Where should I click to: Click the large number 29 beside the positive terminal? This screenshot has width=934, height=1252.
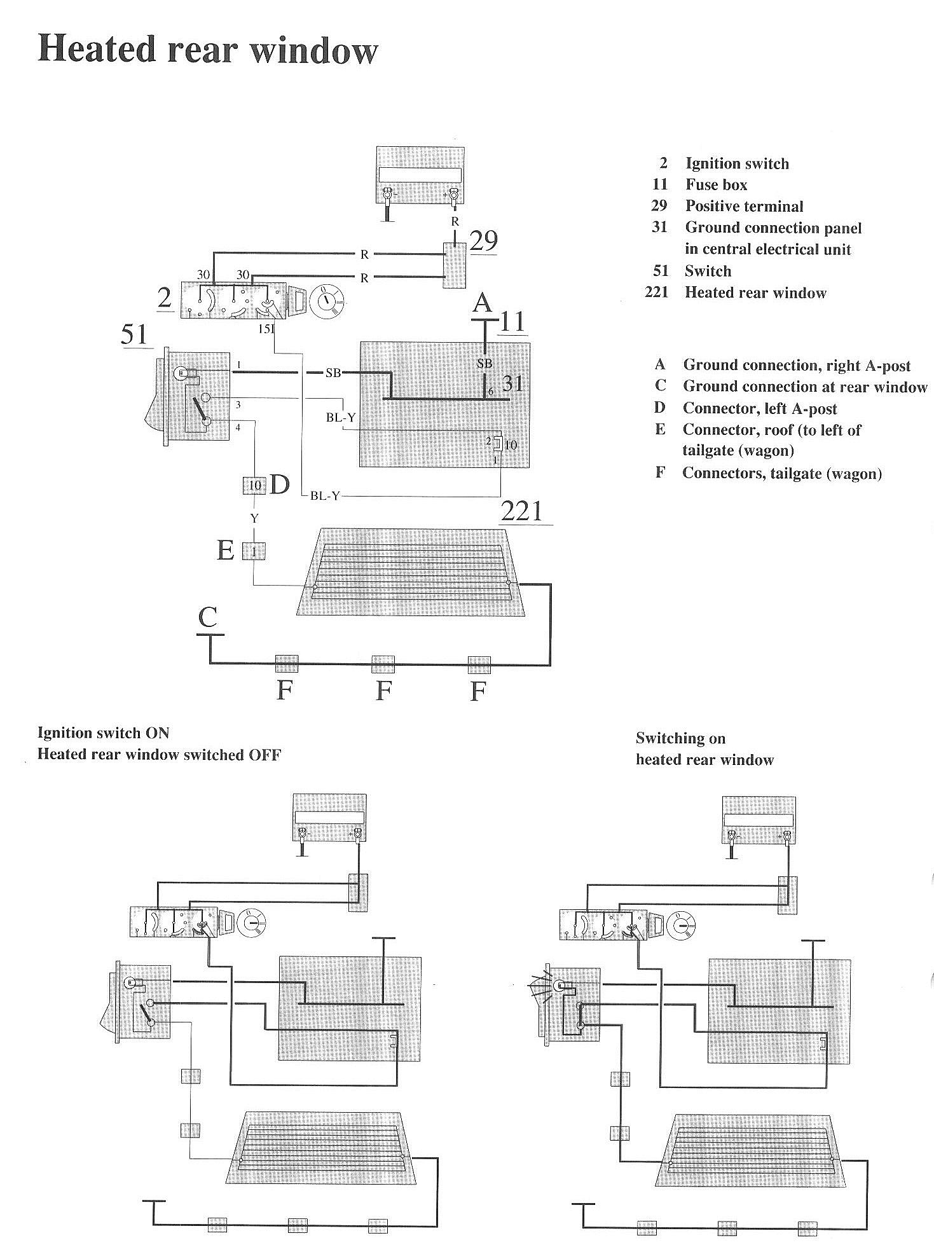point(483,241)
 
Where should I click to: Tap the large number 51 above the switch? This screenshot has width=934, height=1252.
point(134,334)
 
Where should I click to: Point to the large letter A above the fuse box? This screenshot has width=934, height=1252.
point(482,303)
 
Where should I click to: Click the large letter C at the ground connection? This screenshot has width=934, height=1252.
point(208,617)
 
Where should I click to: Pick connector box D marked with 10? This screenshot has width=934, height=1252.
point(254,486)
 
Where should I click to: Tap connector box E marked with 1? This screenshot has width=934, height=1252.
point(254,551)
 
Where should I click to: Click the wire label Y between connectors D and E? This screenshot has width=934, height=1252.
point(254,519)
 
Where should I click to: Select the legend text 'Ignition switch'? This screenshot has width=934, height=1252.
point(736,163)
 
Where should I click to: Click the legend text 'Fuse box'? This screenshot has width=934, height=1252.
point(716,185)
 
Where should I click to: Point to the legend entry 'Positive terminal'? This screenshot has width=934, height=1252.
point(744,206)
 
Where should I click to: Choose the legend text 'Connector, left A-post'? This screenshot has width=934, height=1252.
point(759,408)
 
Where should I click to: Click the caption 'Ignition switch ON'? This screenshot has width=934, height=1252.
point(104,733)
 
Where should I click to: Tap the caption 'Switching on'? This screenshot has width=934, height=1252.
point(680,738)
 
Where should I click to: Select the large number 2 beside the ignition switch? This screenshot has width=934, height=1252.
point(165,298)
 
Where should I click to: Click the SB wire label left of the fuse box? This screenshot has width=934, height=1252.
point(333,373)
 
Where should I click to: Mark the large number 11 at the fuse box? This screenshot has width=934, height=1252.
point(512,320)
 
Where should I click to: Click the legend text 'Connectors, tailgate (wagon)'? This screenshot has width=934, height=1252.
point(782,473)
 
